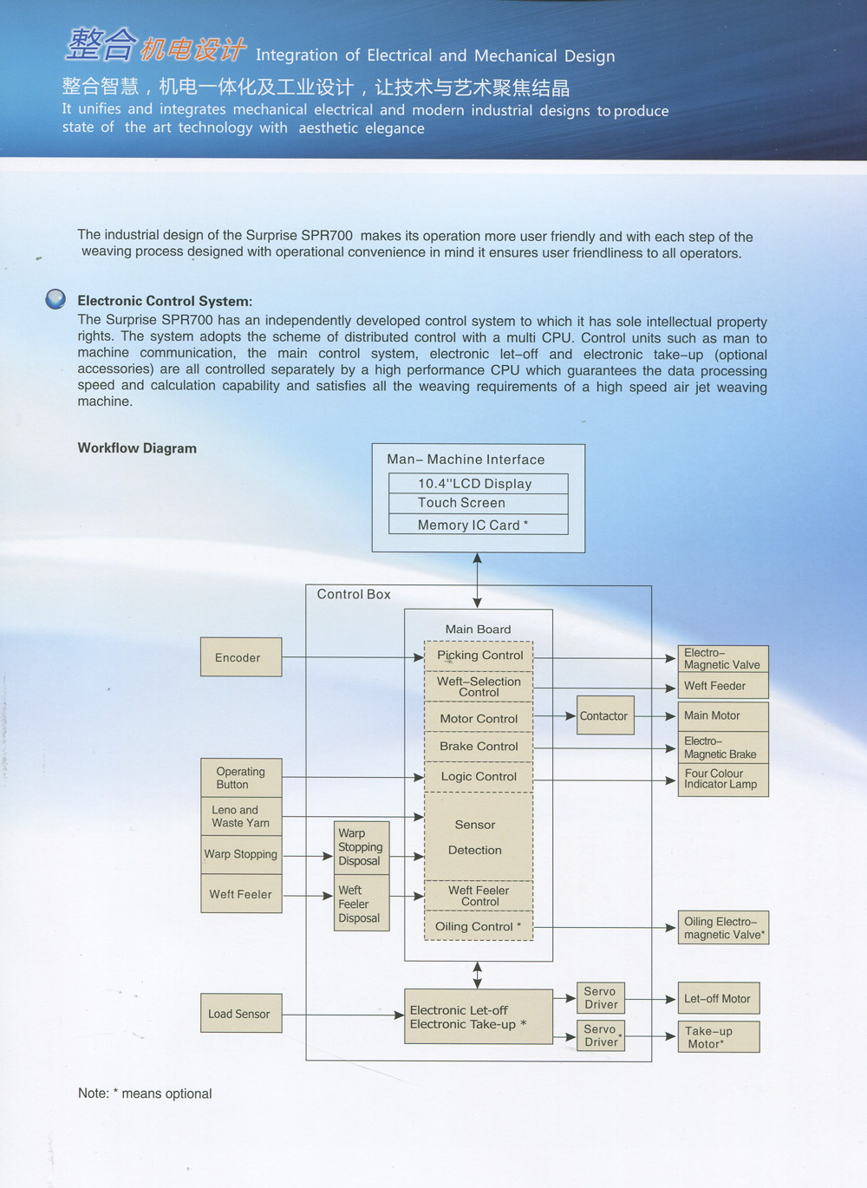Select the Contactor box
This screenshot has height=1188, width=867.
point(605,715)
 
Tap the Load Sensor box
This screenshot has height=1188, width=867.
point(241,1013)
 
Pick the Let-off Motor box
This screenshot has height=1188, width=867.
point(719,999)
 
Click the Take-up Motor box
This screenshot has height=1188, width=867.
point(719,1037)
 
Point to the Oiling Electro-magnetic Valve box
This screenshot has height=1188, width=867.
point(723,928)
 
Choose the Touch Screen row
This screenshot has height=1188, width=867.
point(479,503)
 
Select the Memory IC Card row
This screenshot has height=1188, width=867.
point(479,525)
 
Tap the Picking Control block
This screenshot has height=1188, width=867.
point(479,656)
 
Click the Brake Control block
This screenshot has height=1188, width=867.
point(479,746)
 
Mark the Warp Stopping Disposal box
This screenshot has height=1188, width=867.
point(362,847)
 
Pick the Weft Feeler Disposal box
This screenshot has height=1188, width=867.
point(362,904)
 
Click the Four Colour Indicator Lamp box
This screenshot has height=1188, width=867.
point(723,779)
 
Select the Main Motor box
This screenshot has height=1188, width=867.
point(723,715)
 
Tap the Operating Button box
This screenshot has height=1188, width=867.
point(241,778)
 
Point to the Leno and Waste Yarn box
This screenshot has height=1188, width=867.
point(241,816)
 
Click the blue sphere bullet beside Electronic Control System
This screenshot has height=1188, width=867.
point(55,299)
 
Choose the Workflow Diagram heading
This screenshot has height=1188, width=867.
point(137,448)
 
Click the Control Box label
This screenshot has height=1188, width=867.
point(354,594)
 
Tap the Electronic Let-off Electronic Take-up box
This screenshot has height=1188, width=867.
point(479,1016)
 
